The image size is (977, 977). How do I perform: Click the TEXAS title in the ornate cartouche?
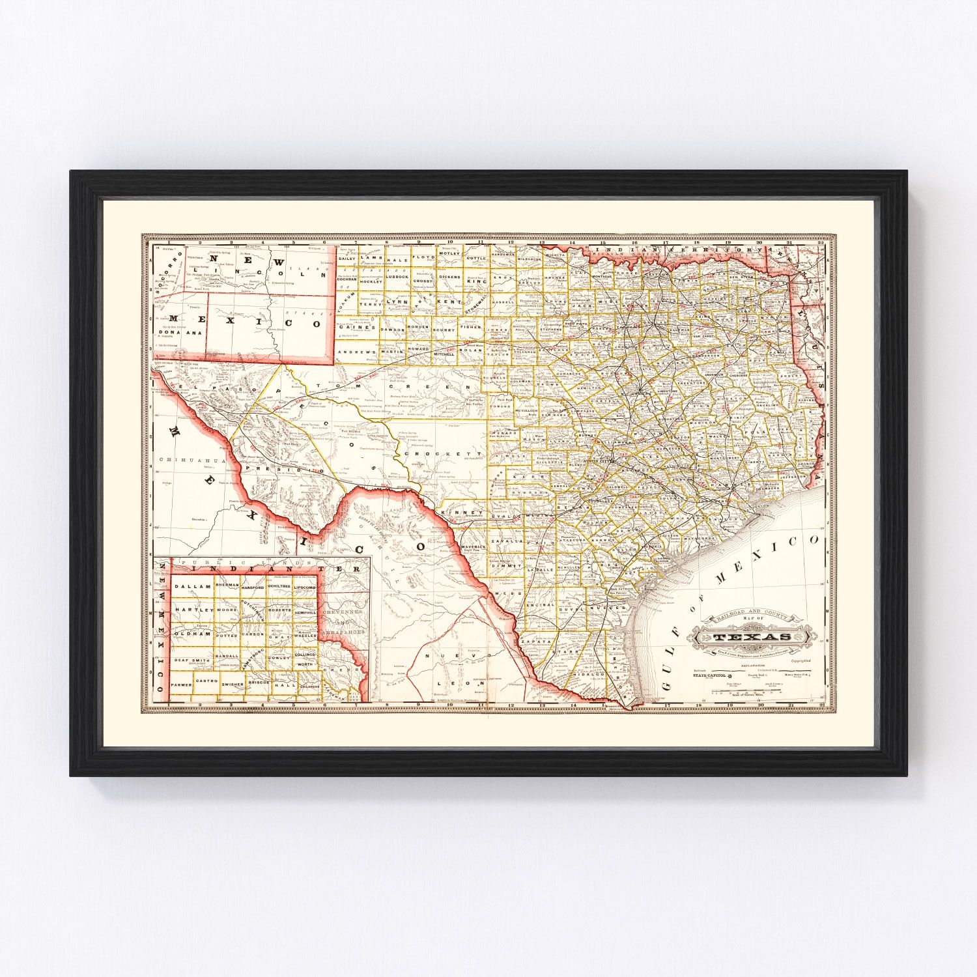click(x=752, y=636)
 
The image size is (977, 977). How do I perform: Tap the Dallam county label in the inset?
click(x=193, y=586)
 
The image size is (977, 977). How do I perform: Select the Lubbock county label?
click(x=396, y=276)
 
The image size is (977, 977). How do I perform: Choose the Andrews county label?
click(x=357, y=352)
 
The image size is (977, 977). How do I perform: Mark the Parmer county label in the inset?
click(x=182, y=685)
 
